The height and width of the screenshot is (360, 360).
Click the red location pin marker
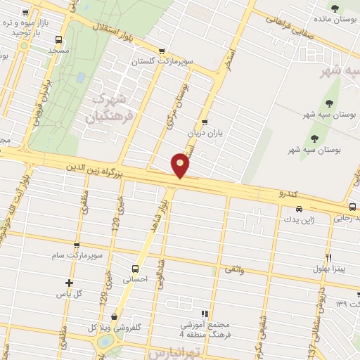tap(181, 165)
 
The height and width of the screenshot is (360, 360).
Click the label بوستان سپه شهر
tap(310, 150)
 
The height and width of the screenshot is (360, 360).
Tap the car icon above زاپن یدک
tap(300, 209)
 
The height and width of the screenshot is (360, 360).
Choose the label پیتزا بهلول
tap(328, 269)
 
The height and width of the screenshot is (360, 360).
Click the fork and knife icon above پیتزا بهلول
tap(328, 257)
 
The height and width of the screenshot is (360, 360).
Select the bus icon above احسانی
tap(135, 268)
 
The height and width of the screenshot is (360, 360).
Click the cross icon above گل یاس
tap(68, 282)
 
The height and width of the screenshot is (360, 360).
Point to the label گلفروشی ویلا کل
tap(112, 328)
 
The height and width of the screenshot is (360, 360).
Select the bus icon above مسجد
tap(58, 39)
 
